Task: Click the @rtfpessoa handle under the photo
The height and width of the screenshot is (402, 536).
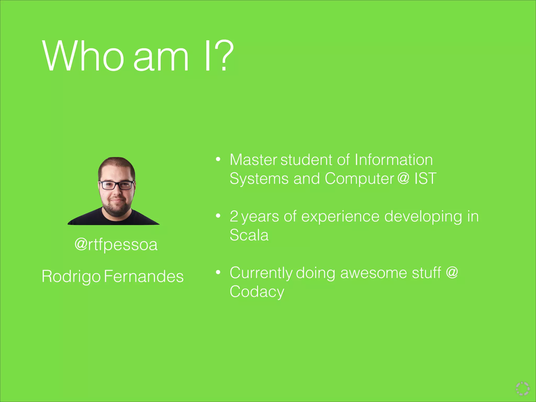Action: tap(116, 245)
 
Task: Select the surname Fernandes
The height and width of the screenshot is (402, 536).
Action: tap(144, 276)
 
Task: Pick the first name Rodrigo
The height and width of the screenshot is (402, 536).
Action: tap(71, 277)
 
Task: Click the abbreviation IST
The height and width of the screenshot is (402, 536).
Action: tap(425, 178)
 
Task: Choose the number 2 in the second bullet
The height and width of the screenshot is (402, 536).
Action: tap(234, 217)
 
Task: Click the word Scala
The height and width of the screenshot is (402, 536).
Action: tap(249, 235)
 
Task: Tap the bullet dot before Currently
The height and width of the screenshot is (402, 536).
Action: tap(218, 272)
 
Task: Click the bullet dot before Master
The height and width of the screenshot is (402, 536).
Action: tap(218, 159)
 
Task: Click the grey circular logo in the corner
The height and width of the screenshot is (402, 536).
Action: tap(523, 388)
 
